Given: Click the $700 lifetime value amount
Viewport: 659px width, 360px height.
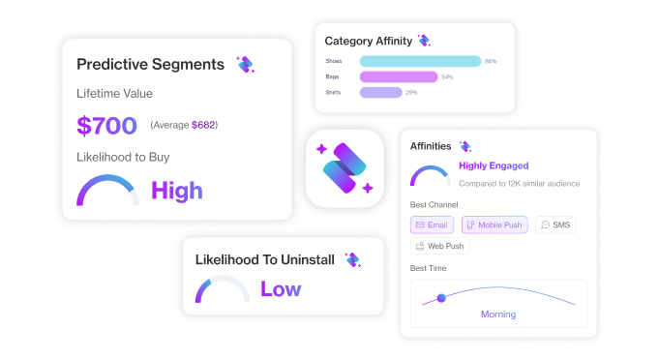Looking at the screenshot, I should coord(107,125).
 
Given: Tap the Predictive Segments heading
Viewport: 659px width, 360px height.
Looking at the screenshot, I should coord(150,65).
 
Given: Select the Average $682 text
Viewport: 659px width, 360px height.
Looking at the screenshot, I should coord(184,125).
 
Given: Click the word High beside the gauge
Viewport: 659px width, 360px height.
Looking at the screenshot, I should coord(177,191).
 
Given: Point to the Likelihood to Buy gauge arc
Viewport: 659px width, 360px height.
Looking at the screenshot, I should coord(107,182).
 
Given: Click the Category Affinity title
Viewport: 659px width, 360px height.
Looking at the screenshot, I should coord(367,41).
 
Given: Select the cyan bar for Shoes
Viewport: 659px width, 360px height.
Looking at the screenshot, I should coord(420,61).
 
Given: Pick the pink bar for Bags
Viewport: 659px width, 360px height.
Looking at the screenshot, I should coord(399,76).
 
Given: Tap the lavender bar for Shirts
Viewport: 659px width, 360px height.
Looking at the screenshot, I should coord(380,93).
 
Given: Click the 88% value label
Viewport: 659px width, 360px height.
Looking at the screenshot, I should coord(491,61).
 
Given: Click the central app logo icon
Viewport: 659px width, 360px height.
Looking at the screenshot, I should coord(345,167).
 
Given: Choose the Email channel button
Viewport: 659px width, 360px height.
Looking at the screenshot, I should coord(433,225).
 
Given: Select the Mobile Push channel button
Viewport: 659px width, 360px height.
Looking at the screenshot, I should coord(494,225).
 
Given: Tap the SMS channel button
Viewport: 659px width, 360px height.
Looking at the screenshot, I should coord(557,225).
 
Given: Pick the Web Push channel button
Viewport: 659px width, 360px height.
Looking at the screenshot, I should coord(440,246).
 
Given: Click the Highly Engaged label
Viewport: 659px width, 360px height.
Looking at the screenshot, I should coord(495,165).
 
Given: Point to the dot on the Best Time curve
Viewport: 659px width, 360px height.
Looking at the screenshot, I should coord(441,298).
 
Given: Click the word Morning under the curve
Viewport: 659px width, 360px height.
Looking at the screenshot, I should coord(498,315).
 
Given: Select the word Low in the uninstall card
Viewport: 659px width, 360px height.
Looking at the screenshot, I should coord(281,288).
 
